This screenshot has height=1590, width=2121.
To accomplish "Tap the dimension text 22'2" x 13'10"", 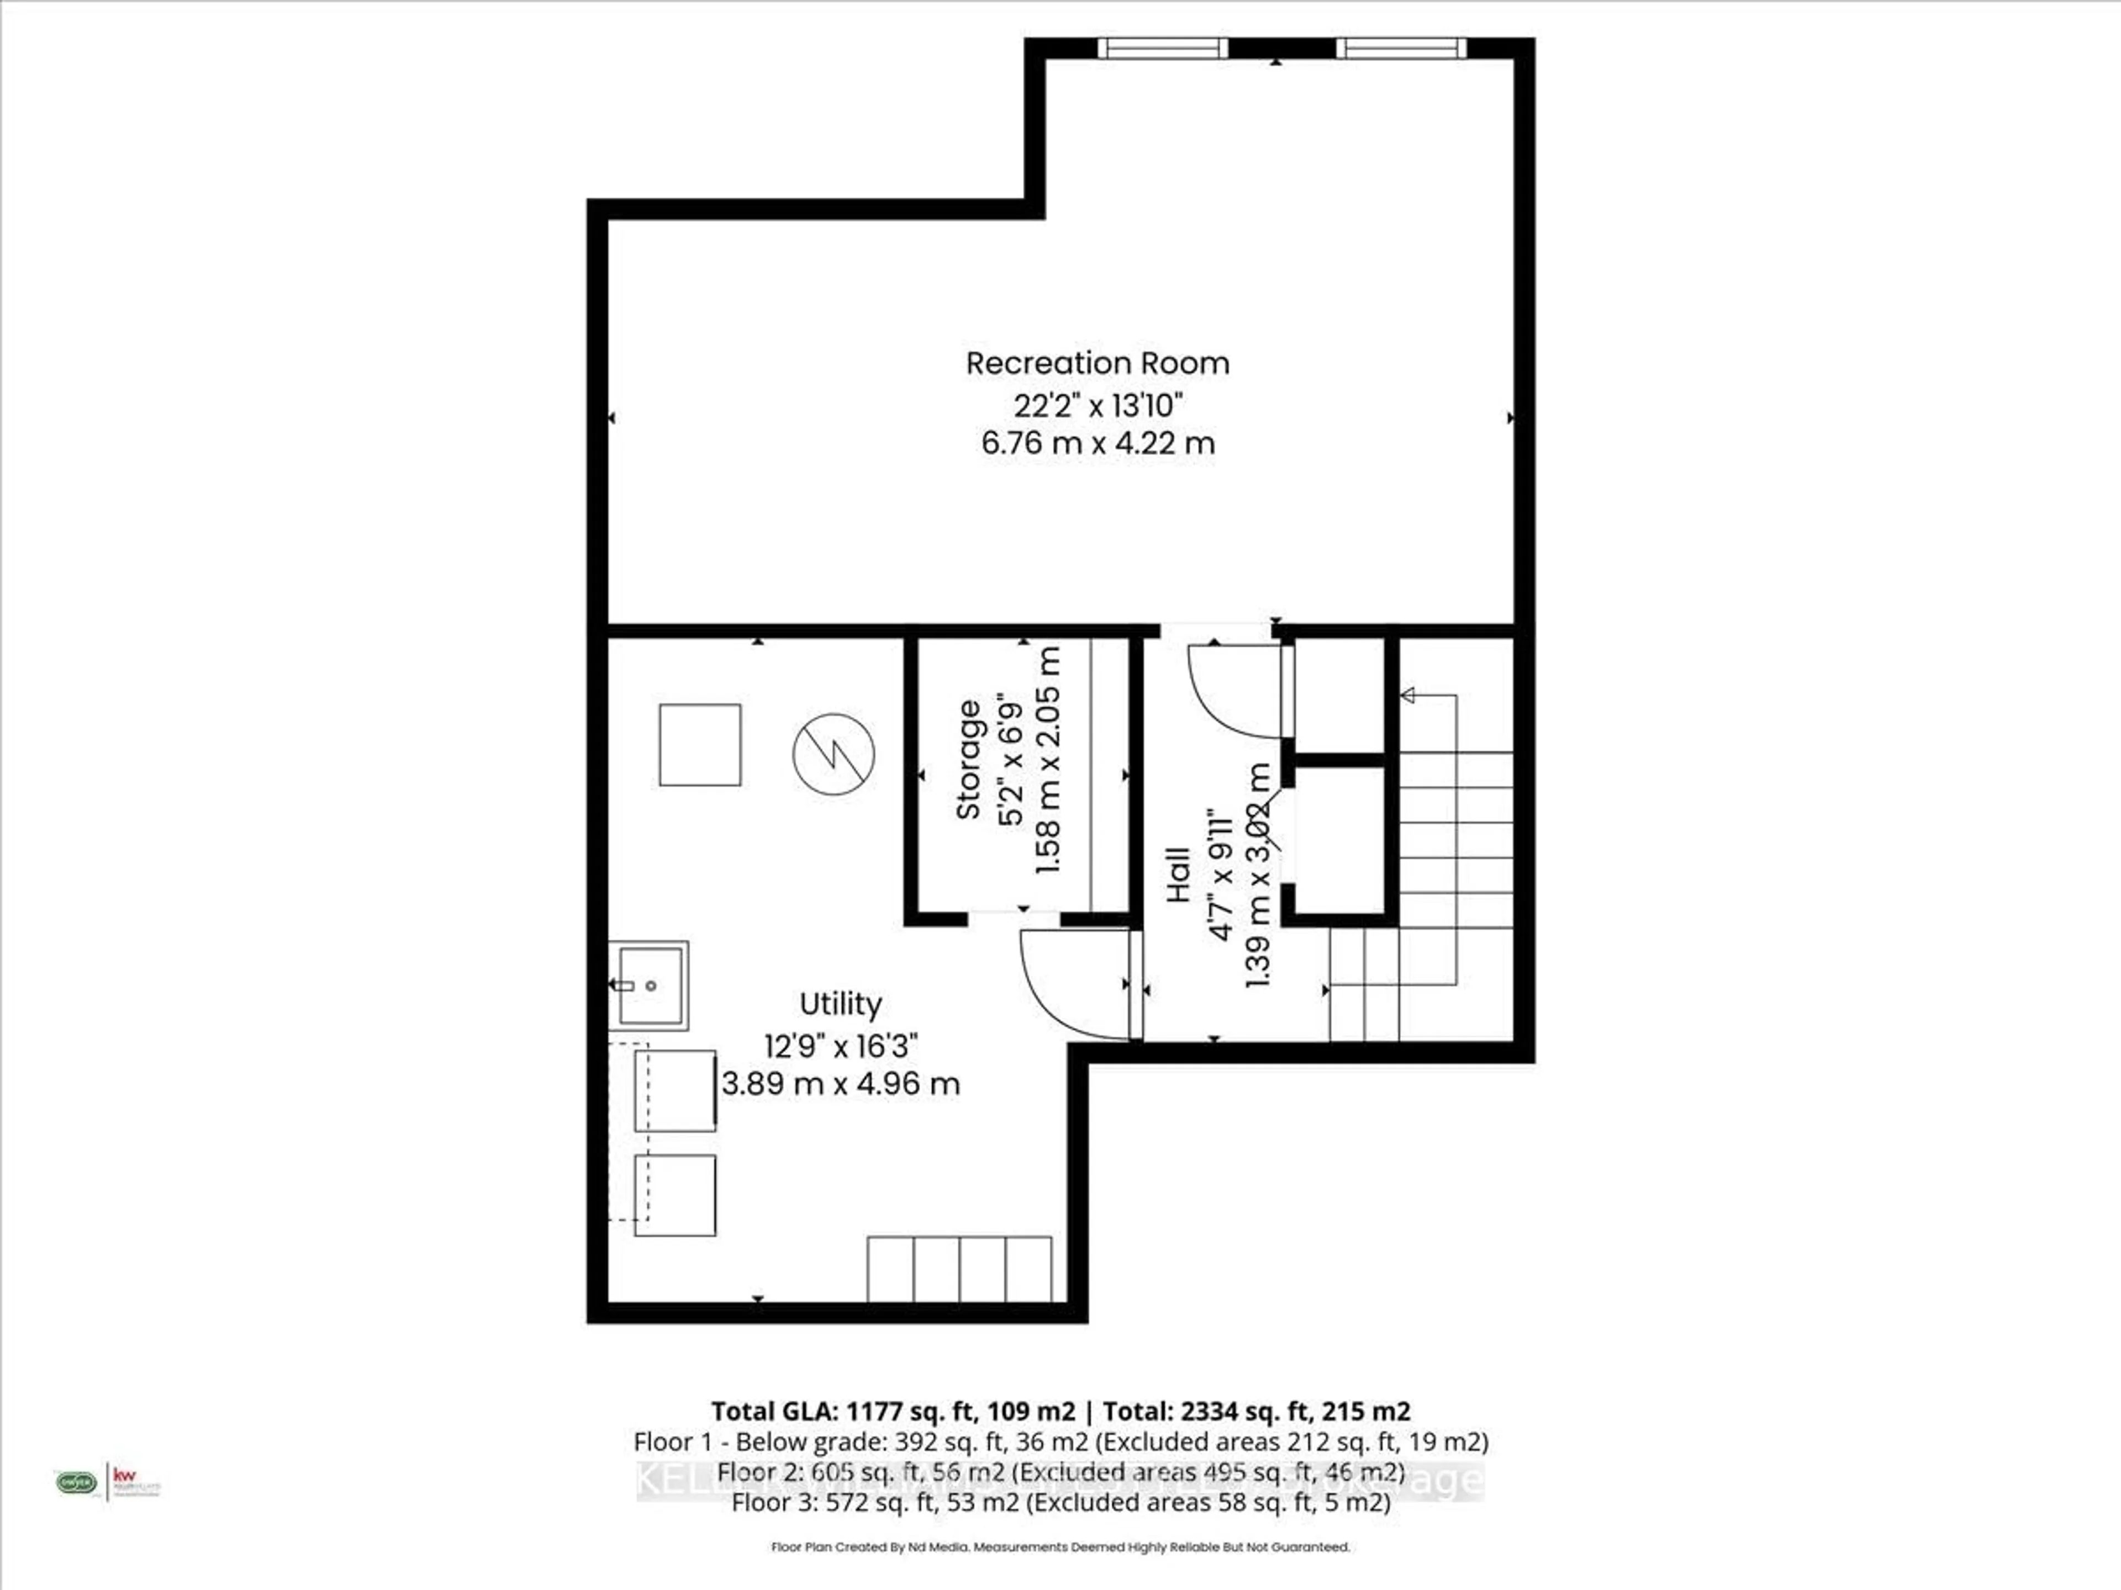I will click(1099, 405).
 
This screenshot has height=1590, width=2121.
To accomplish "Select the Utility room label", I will click(840, 1004).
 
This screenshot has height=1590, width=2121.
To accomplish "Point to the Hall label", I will click(1179, 873).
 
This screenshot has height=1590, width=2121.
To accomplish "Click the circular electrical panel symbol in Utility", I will click(833, 753).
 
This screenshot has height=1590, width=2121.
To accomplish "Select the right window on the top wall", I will click(1401, 48).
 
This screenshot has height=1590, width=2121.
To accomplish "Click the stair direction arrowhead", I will click(1407, 695).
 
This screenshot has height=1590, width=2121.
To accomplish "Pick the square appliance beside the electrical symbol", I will click(700, 745).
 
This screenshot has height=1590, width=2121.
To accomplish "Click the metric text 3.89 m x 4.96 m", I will click(840, 1084).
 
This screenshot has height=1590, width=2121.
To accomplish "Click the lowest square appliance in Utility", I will click(675, 1195).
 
